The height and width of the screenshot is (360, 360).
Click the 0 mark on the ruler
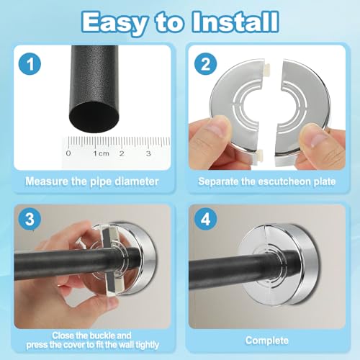point(68,153)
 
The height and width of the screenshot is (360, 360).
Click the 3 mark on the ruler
point(148,153)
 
